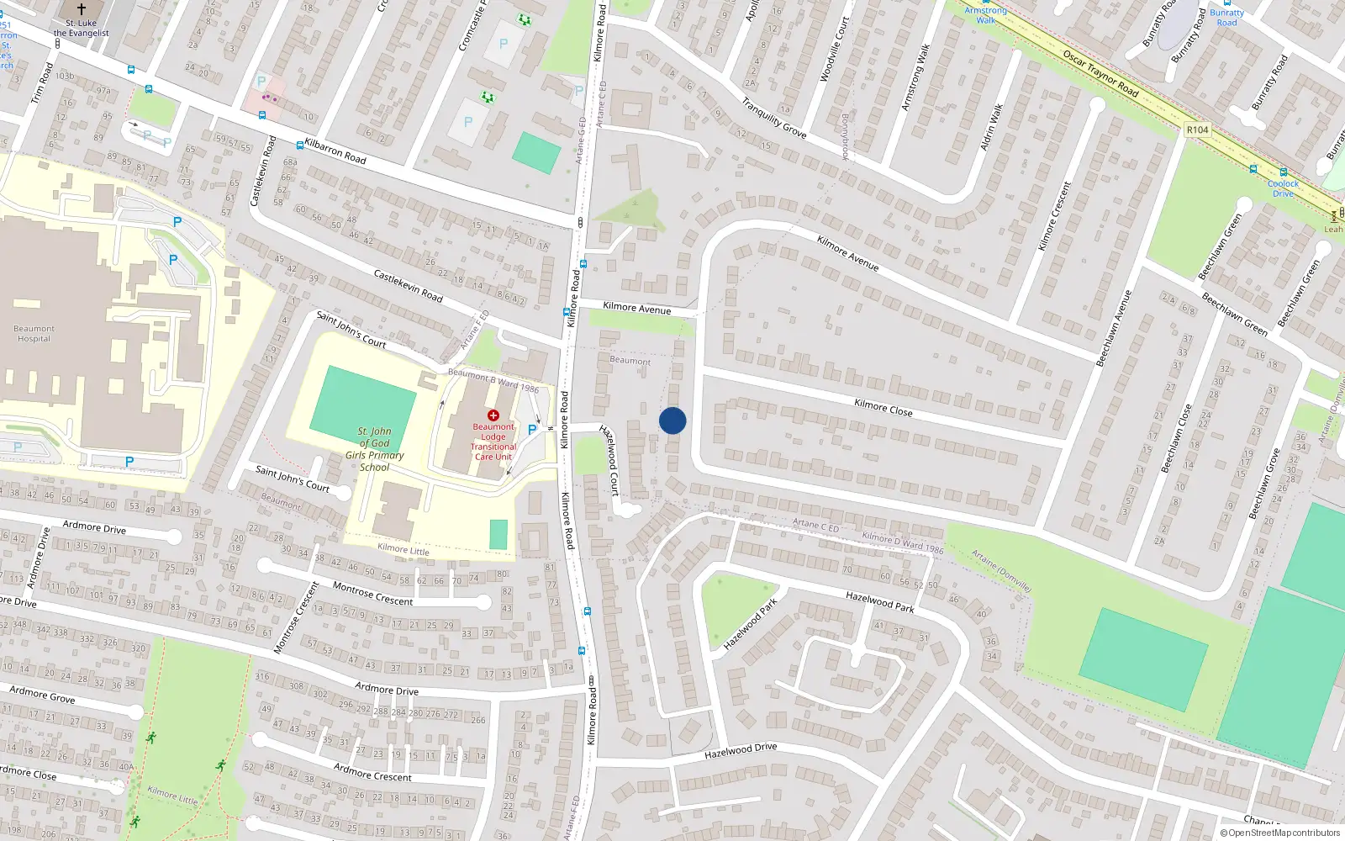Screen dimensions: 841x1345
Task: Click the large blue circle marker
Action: (672, 420)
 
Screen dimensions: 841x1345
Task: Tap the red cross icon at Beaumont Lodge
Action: (493, 415)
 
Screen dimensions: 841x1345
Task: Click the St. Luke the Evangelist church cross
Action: (82, 9)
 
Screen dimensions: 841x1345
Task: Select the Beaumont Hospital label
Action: (34, 334)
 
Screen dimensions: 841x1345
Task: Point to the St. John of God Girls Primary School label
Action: (375, 449)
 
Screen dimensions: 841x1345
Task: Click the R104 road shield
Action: (1197, 130)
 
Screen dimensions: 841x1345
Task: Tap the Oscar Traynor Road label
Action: (1100, 73)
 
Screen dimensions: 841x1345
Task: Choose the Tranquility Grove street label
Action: (773, 118)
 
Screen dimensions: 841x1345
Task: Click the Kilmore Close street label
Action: (883, 408)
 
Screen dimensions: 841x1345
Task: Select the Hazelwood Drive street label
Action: (741, 750)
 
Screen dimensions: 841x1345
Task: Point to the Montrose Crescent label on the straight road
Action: (372, 594)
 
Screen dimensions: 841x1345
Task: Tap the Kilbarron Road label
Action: (335, 151)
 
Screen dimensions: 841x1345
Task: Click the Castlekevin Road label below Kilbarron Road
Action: (408, 286)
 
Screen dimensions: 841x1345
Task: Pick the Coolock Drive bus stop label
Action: (1283, 188)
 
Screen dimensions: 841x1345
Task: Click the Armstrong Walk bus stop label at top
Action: (985, 15)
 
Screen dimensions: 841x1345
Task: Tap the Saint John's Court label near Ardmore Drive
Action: (293, 479)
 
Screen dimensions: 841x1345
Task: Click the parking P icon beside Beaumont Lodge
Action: (531, 430)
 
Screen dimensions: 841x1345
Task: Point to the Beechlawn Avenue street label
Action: (1114, 328)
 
